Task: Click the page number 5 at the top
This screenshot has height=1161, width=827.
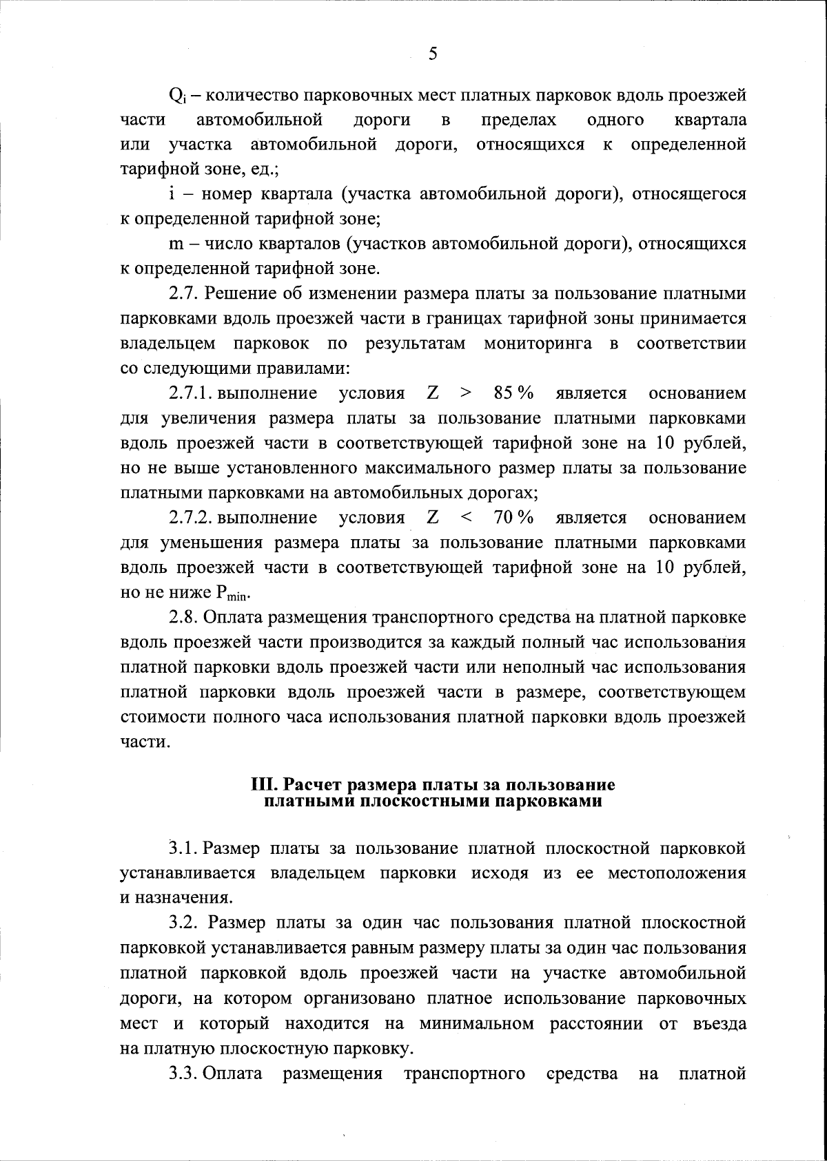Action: (x=432, y=54)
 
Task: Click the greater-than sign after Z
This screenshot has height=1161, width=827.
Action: (x=467, y=394)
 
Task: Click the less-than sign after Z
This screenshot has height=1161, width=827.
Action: (x=467, y=518)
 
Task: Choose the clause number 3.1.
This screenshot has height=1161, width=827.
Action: (x=184, y=848)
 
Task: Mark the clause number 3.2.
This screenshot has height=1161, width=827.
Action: (x=184, y=922)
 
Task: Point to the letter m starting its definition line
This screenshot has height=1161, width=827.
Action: (x=175, y=244)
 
